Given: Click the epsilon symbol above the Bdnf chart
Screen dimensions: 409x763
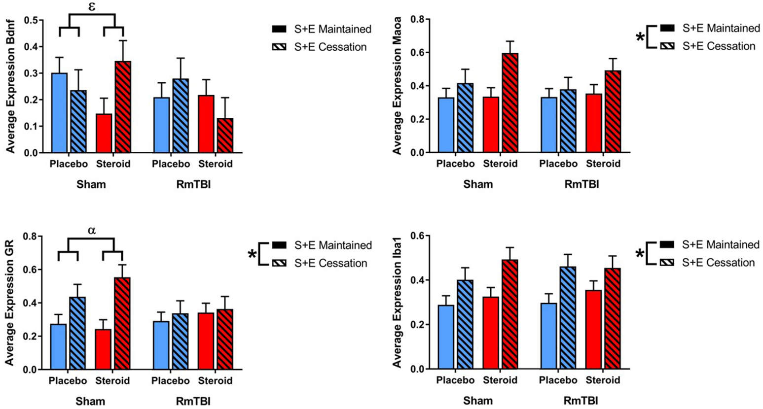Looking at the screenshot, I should coord(92,7).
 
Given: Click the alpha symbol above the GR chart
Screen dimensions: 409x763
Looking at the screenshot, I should coord(91,230).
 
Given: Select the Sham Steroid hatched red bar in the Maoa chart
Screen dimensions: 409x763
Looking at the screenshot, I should coord(509,103).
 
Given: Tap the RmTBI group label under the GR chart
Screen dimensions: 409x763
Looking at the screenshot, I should coord(193,401).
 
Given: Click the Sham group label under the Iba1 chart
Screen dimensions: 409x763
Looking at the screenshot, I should coord(478,401).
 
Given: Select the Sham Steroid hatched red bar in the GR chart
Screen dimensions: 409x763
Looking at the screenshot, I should coord(122,324).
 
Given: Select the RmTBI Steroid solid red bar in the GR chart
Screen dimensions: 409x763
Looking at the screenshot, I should coord(205,341).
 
